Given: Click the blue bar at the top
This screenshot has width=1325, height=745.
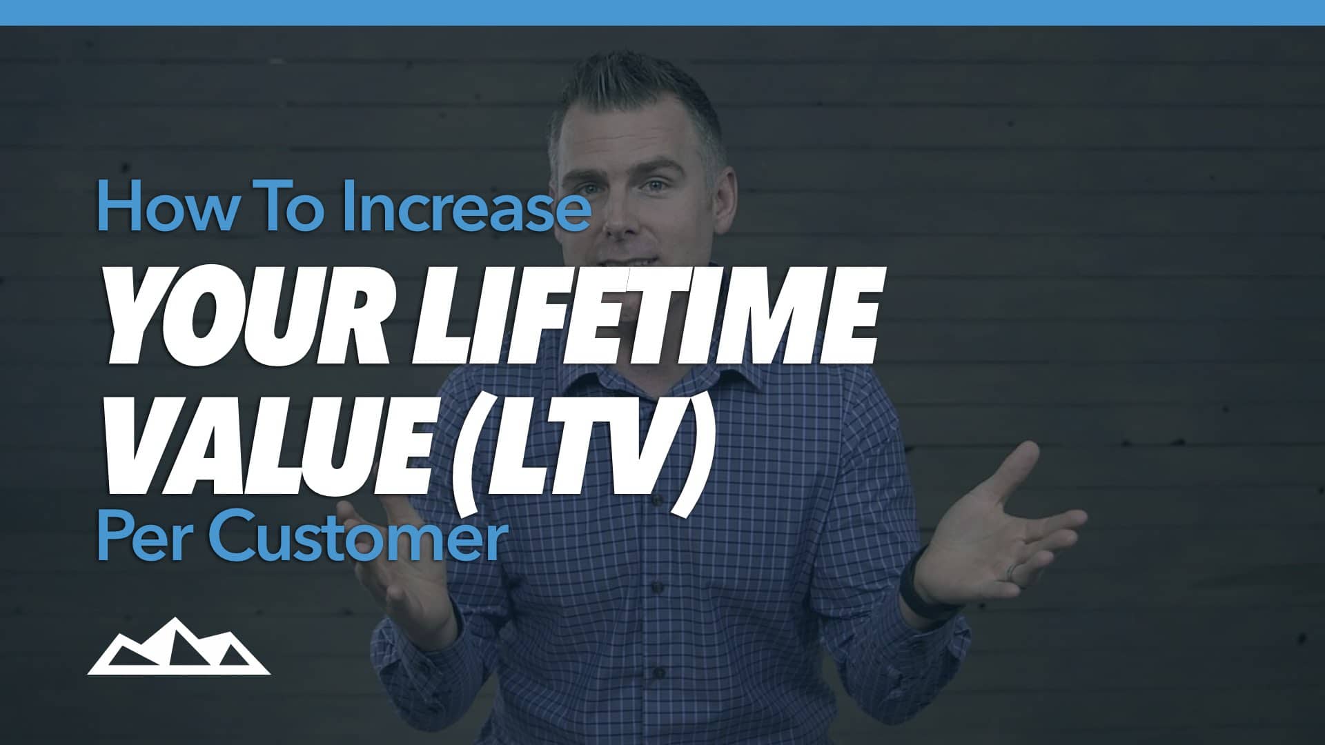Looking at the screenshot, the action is (662, 12).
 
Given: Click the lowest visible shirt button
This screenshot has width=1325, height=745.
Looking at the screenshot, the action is (659, 671).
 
